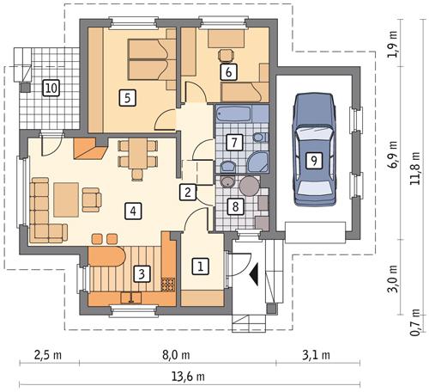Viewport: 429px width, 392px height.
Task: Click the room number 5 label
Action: (x=127, y=98)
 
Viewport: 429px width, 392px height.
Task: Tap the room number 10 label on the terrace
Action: (x=51, y=88)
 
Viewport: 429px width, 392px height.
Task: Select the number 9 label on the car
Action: (x=314, y=161)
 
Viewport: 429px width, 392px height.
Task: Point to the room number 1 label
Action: (x=201, y=267)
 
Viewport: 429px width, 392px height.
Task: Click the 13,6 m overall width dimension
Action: (x=189, y=376)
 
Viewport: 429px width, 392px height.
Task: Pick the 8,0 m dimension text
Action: (x=176, y=355)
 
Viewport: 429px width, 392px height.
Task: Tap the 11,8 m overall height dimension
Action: (x=414, y=168)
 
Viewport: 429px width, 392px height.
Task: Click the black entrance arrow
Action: (x=255, y=274)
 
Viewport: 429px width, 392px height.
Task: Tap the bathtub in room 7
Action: (x=235, y=114)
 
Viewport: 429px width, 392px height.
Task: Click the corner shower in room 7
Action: (x=257, y=162)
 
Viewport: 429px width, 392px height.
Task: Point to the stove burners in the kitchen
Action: (x=167, y=284)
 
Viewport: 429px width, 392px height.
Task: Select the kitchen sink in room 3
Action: (x=131, y=297)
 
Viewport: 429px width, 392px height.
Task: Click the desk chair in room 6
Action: (x=227, y=55)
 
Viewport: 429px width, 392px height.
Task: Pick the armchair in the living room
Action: (x=92, y=199)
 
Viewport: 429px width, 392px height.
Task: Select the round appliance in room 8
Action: (x=250, y=186)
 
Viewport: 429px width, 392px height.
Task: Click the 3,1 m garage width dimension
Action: (x=316, y=355)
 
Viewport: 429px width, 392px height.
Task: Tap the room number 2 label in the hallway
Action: (x=188, y=192)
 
